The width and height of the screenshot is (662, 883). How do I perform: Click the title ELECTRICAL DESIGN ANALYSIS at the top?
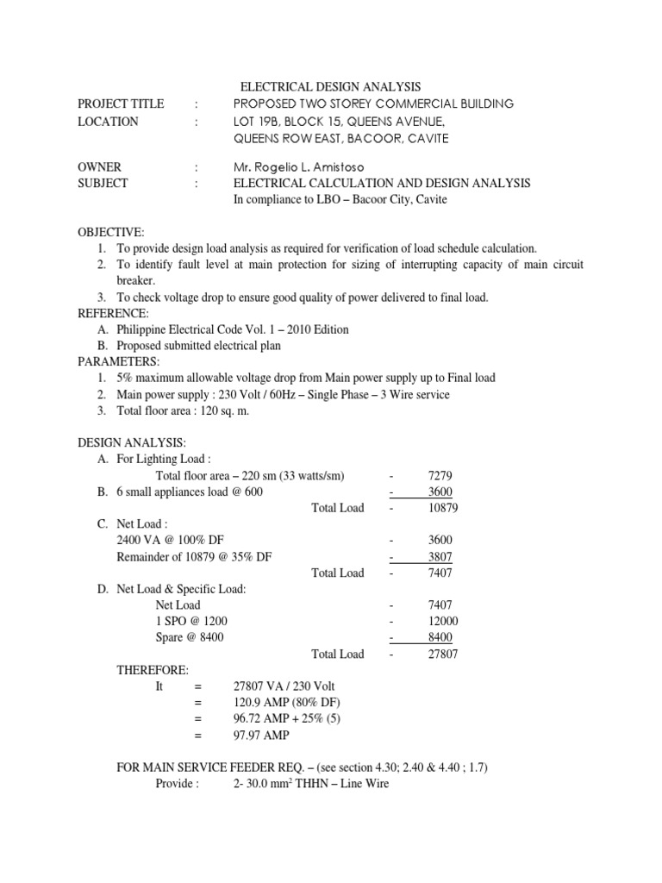pos(329,86)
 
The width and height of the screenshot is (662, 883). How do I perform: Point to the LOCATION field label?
pos(108,122)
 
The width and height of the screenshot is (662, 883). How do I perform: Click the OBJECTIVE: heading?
pos(111,232)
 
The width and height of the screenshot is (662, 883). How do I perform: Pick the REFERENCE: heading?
pos(113,312)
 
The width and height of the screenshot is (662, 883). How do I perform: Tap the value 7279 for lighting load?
pos(440,475)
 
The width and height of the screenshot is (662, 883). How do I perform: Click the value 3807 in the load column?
pos(440,556)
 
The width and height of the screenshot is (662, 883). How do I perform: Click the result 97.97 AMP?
pos(261,736)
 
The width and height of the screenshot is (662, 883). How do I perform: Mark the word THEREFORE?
pos(152,670)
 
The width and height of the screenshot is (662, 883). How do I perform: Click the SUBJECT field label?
pos(103,183)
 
